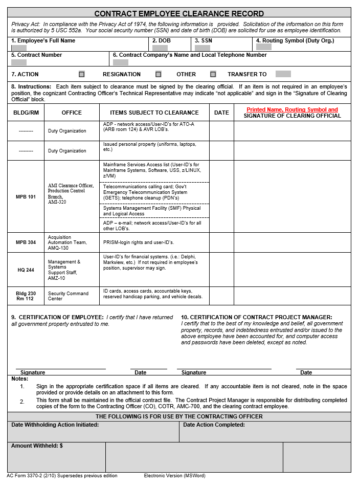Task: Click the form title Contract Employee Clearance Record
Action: coord(179,13)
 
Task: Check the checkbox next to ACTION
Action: coord(82,74)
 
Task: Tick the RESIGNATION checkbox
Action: coord(159,74)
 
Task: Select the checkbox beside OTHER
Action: coord(213,74)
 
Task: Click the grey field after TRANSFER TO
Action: coord(283,74)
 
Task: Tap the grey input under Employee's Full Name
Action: coord(19,48)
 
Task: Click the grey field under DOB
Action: coord(160,48)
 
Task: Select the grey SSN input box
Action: coord(202,48)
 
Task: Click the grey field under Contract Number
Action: coord(19,62)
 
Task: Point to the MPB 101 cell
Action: coord(26,197)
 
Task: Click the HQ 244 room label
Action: coord(26,270)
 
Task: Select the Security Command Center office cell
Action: coord(68,296)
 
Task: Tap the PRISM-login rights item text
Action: coord(139,242)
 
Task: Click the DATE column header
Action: coord(221,113)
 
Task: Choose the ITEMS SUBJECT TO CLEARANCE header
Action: coord(154,113)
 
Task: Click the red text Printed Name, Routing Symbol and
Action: coord(292,109)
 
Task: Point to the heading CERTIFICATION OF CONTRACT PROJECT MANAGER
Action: coord(256,317)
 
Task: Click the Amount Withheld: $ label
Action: coord(37,446)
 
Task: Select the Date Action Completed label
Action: coord(214,425)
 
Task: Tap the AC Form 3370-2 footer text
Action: coord(62,476)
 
